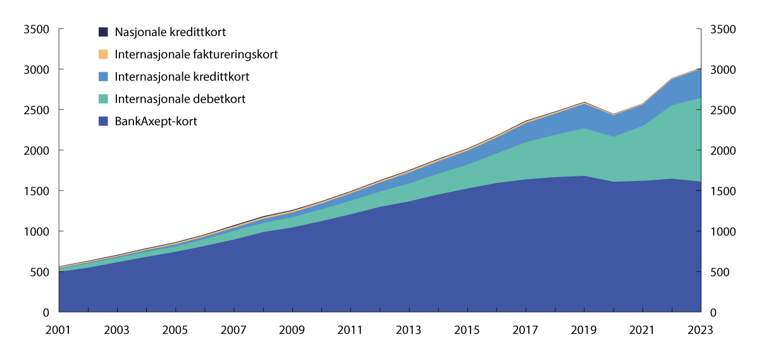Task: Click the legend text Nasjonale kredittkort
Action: click(x=170, y=32)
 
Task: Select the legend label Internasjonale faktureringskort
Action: click(x=196, y=54)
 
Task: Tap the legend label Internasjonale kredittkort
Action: click(x=182, y=77)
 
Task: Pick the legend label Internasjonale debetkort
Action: click(x=180, y=99)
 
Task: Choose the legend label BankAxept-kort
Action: click(x=156, y=121)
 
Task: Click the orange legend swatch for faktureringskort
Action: click(x=104, y=54)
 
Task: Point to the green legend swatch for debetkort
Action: click(x=104, y=99)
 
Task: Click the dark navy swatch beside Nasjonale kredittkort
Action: click(x=104, y=32)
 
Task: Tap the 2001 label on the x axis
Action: click(x=59, y=330)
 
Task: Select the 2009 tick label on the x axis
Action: click(x=292, y=330)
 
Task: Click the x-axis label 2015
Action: click(x=467, y=330)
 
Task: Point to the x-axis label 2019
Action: click(x=584, y=330)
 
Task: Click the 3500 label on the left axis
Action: click(x=36, y=29)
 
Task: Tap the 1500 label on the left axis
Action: click(x=36, y=191)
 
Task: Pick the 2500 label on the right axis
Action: click(x=723, y=110)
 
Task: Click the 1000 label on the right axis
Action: click(x=723, y=232)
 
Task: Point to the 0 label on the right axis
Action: click(x=714, y=313)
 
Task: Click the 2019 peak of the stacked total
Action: click(x=584, y=102)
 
